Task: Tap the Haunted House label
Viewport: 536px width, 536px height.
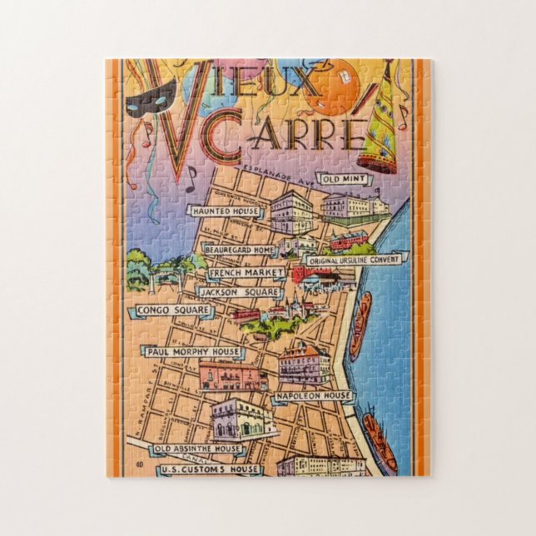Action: click(x=226, y=212)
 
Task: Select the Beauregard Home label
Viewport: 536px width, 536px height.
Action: click(x=241, y=250)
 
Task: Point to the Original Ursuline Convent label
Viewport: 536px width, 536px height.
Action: click(x=353, y=261)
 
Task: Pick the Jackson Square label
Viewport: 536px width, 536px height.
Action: click(x=237, y=293)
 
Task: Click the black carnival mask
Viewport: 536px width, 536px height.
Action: click(x=148, y=97)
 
